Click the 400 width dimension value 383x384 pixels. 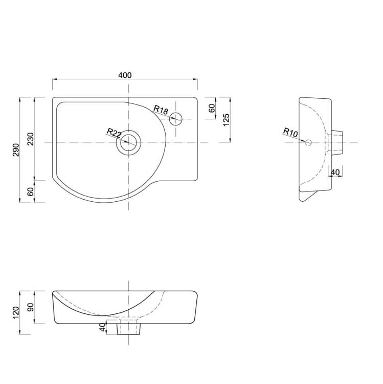[125, 75]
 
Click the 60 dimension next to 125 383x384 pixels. [212, 108]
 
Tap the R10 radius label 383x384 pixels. [290, 132]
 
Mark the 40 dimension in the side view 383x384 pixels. [335, 172]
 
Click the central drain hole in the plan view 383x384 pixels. [128, 142]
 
